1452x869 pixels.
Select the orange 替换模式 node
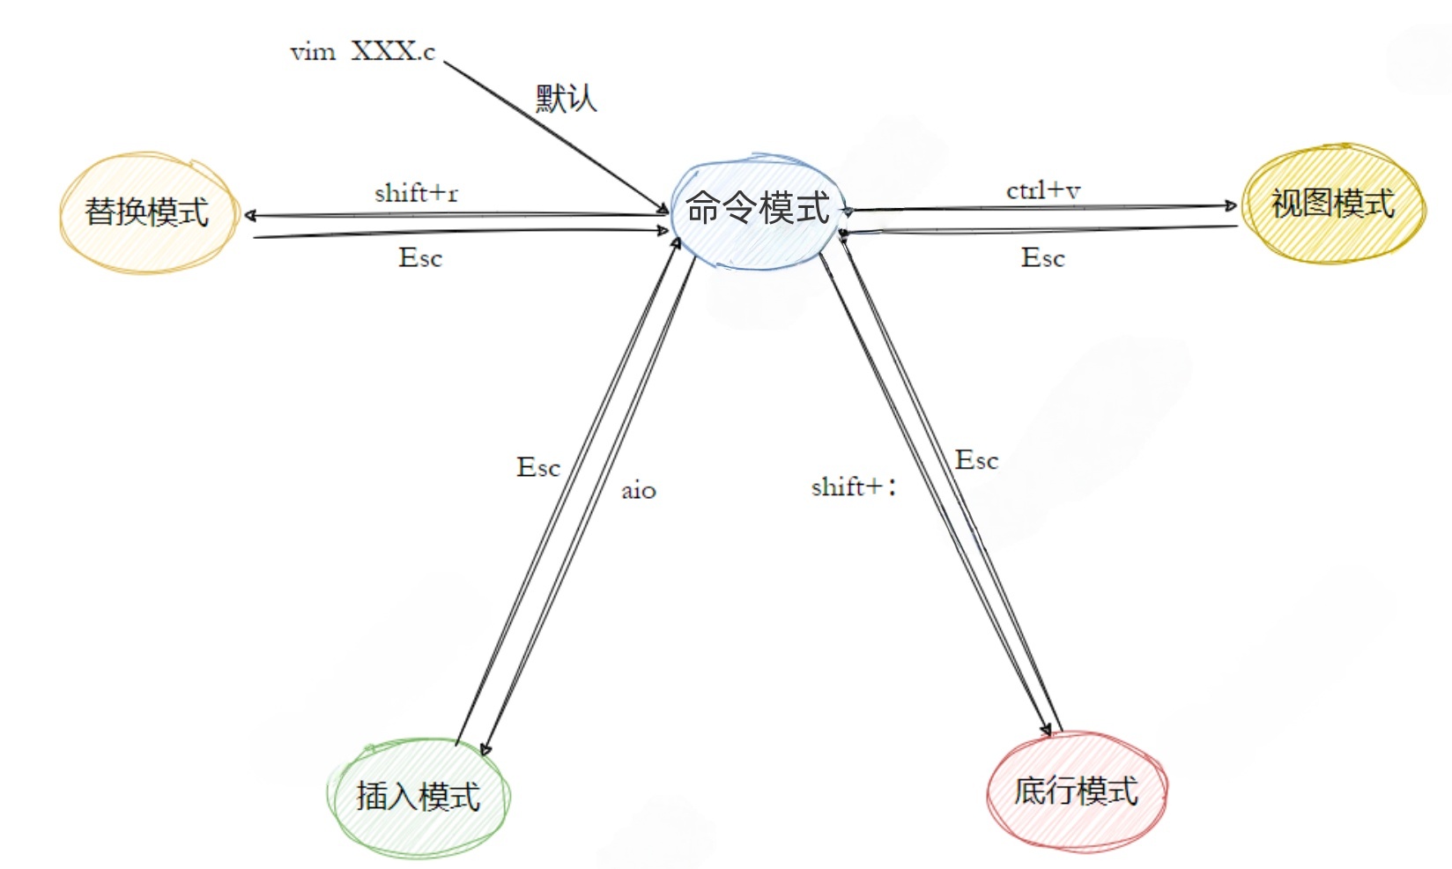147,212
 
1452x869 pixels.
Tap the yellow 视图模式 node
1332,204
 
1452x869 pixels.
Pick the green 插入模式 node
418,796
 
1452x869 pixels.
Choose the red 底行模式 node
1076,791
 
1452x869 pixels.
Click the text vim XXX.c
362,52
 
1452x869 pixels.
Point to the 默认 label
566,98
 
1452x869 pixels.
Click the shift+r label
416,193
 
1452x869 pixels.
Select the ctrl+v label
1043,190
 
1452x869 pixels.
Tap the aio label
638,491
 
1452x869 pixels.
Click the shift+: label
853,486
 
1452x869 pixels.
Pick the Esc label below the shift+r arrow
420,258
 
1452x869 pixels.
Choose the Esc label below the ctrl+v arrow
1043,258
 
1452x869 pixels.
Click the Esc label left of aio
537,467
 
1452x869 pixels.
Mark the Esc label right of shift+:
976,460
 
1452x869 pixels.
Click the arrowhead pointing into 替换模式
250,215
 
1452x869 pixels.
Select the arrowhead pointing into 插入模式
485,749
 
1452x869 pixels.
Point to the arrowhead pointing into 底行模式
1046,729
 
